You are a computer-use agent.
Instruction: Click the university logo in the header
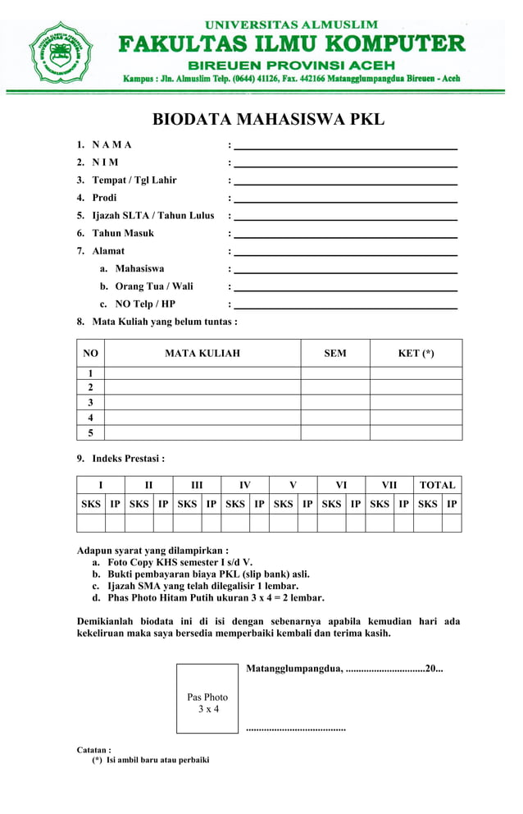click(61, 53)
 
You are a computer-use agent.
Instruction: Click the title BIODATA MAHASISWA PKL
click(268, 120)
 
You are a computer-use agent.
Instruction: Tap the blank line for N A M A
click(345, 145)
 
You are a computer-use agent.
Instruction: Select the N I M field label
click(105, 162)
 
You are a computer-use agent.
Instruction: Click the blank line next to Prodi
click(345, 199)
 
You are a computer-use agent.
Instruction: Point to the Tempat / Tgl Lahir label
click(134, 181)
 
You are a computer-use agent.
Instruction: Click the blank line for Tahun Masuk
click(345, 234)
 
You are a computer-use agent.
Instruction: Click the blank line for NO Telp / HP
click(345, 304)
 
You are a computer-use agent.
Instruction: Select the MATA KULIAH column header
click(202, 354)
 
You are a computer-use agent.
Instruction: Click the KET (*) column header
click(416, 354)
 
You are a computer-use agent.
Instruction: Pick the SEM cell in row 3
click(334, 403)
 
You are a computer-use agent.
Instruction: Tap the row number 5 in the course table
click(90, 433)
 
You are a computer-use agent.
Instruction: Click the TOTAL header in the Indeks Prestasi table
click(437, 485)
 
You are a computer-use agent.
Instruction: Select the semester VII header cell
click(389, 485)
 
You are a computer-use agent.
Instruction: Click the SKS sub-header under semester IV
click(235, 504)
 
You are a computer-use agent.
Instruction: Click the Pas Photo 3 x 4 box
click(207, 699)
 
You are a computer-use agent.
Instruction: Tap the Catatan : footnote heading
click(94, 750)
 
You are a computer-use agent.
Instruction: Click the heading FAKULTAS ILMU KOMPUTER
click(291, 43)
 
